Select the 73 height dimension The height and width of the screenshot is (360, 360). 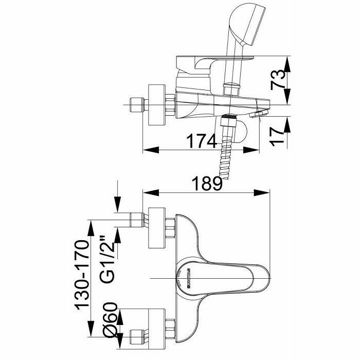(279, 80)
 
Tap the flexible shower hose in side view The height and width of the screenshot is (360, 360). (226, 154)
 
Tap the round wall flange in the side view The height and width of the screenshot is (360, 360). (156, 106)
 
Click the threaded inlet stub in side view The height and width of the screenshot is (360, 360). (136, 106)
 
